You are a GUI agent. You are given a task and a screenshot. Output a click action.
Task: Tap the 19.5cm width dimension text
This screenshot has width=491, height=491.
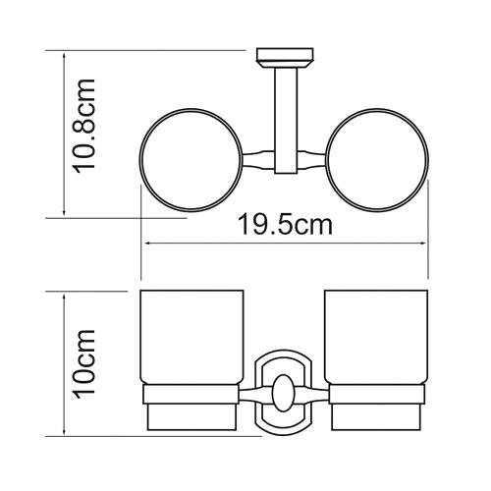pyautogui.click(x=285, y=224)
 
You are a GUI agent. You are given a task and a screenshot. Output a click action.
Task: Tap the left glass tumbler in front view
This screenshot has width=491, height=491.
pyautogui.click(x=191, y=339)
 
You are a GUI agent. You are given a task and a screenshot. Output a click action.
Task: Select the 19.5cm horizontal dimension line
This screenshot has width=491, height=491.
pyautogui.click(x=285, y=244)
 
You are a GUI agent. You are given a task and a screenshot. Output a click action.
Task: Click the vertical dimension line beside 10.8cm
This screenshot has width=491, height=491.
pyautogui.click(x=64, y=134)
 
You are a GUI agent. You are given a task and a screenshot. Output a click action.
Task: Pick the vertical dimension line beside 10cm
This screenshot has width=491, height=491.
pyautogui.click(x=64, y=363)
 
